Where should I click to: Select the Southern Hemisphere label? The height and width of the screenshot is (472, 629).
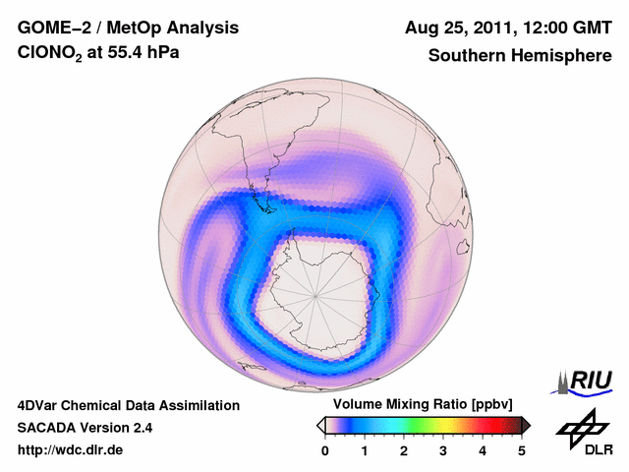(520, 56)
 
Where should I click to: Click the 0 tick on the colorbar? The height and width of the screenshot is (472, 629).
(325, 450)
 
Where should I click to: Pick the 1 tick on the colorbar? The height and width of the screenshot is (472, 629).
(365, 450)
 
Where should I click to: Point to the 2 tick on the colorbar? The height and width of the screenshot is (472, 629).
(404, 450)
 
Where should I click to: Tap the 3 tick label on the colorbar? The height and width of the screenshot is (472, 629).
(443, 450)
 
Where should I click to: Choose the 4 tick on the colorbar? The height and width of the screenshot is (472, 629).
(483, 450)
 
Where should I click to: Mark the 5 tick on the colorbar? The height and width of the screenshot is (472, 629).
(522, 450)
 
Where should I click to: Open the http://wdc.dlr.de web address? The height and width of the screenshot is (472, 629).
(71, 450)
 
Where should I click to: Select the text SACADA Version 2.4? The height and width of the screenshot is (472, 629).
(85, 428)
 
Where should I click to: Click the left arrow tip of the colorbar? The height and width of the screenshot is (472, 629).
(320, 425)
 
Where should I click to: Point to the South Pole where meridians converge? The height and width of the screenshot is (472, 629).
(316, 294)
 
